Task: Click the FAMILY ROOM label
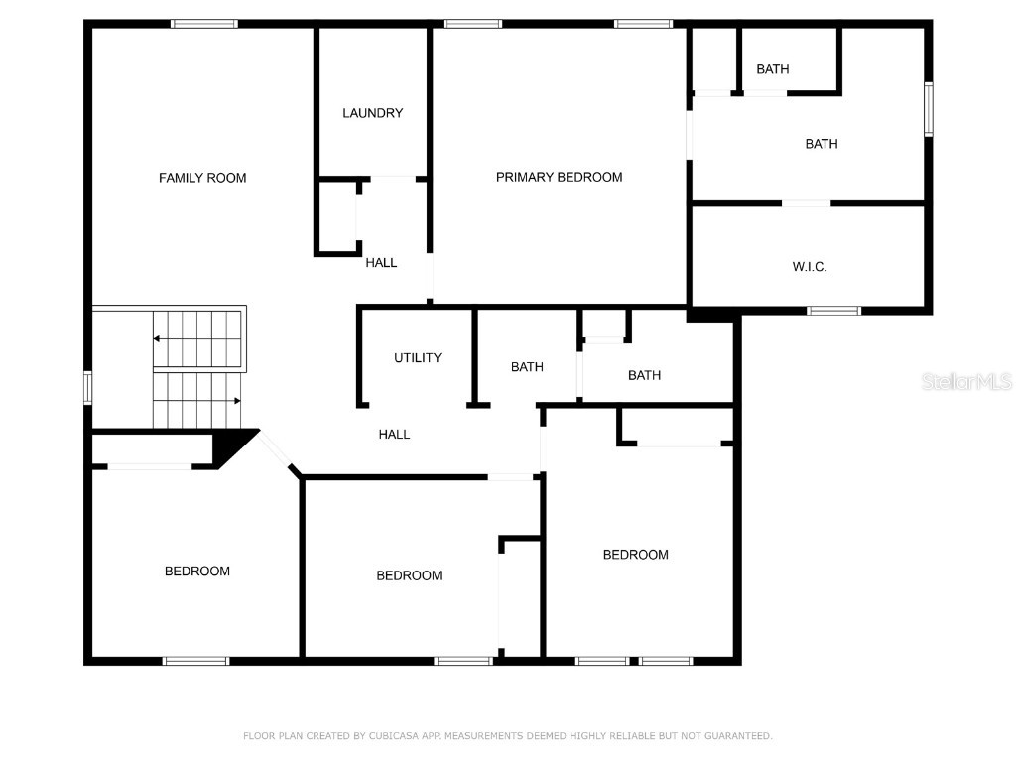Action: [202, 178]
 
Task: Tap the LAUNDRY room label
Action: [373, 113]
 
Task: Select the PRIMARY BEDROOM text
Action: [560, 177]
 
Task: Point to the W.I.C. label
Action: [810, 266]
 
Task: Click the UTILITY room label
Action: [418, 357]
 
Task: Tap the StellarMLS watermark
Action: [966, 381]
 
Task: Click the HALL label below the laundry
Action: [381, 262]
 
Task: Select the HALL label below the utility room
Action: [394, 435]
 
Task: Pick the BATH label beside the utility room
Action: [527, 367]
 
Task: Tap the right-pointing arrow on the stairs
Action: [197, 401]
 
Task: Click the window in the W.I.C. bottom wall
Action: [833, 311]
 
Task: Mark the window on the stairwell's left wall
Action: [87, 388]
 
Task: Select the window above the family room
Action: [204, 24]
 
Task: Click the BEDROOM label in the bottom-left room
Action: [197, 571]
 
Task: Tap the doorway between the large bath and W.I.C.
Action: [806, 203]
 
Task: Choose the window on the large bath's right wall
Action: [929, 109]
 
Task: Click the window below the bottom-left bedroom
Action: [195, 661]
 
